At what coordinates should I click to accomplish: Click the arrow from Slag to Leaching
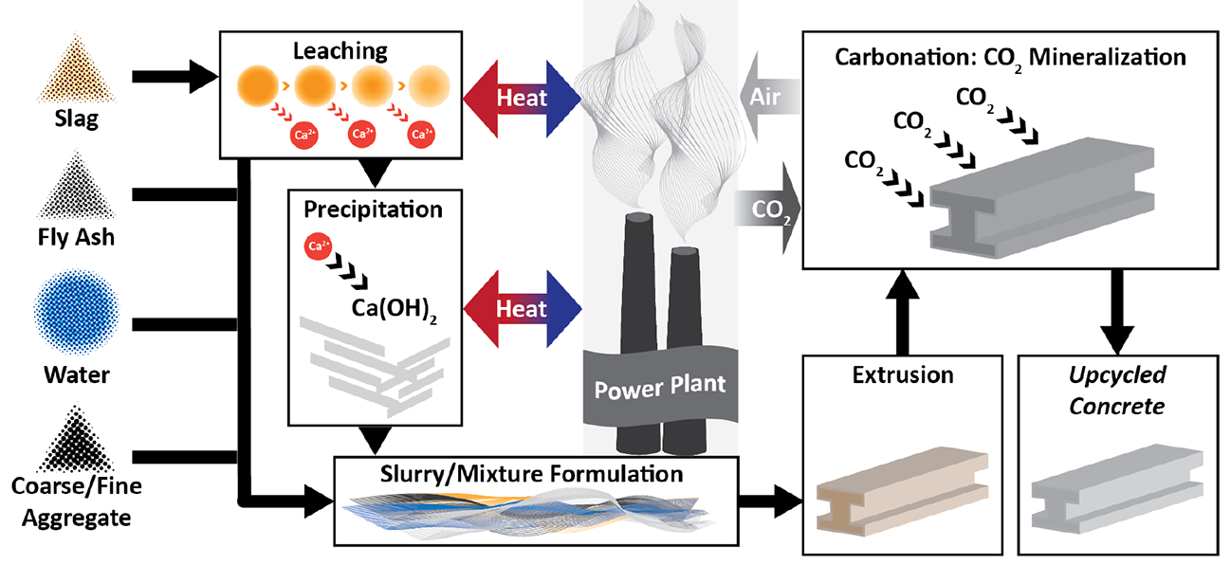(x=175, y=80)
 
